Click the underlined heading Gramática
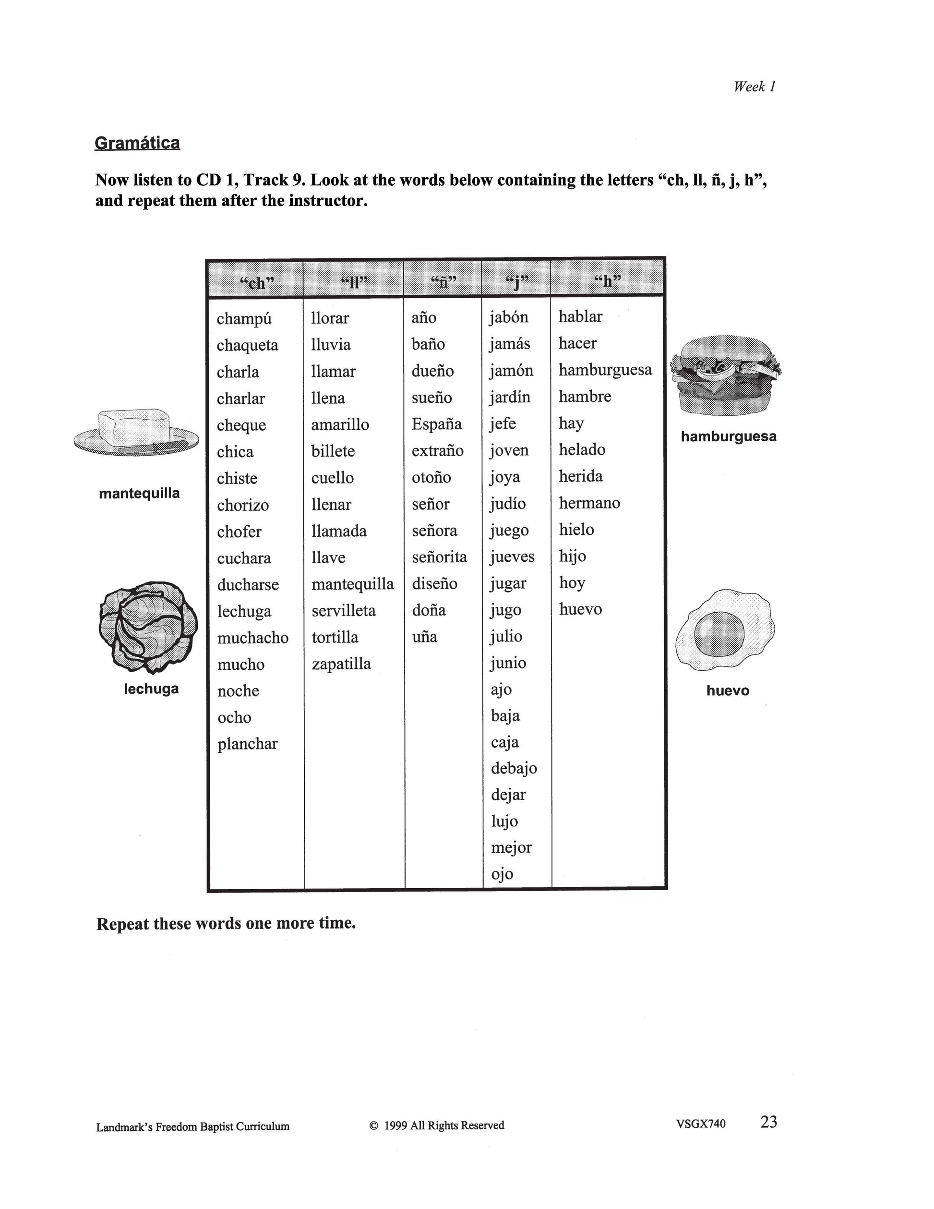tap(137, 143)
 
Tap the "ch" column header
tap(257, 282)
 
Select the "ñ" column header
tap(443, 282)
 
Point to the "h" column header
tap(607, 281)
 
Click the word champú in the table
tap(244, 319)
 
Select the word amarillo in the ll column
tap(340, 424)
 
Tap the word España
tap(437, 424)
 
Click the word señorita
tap(439, 557)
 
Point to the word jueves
tap(512, 557)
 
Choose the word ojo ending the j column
tap(502, 874)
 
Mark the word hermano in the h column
tap(589, 503)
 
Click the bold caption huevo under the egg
tap(728, 690)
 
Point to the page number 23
tap(768, 1122)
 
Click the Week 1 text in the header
tap(754, 86)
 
